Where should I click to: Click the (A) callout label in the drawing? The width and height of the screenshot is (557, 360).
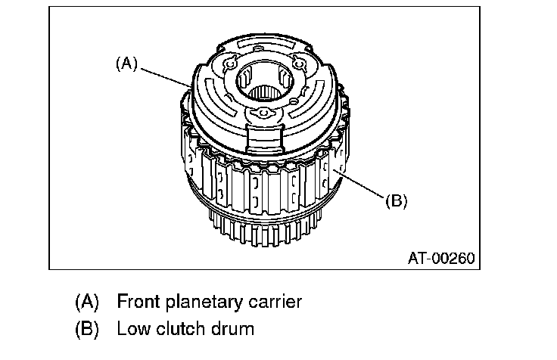point(126,64)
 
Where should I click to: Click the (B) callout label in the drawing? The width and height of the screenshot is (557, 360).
point(396,201)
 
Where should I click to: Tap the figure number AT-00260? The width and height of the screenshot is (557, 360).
point(440,257)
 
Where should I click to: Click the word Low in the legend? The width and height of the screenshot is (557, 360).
point(132,329)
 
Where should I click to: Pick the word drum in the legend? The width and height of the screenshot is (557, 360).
point(232,329)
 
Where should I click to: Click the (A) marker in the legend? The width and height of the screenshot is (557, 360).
point(87,302)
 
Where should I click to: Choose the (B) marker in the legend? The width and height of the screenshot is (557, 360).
point(87,329)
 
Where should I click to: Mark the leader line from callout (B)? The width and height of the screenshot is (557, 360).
point(359,186)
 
